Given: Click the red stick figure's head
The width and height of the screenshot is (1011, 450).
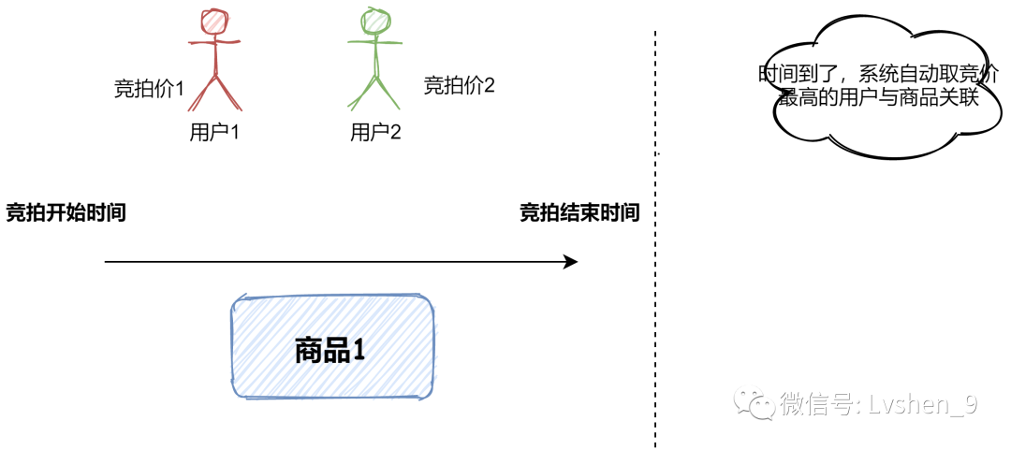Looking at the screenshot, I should point(216,21).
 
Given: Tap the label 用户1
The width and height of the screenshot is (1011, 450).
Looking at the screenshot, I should point(214,132).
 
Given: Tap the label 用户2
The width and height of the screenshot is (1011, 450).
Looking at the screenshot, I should point(375,132).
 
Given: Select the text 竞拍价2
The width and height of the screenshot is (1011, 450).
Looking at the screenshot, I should point(459,86).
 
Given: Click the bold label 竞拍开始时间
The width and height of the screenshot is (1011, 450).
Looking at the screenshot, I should point(66,213).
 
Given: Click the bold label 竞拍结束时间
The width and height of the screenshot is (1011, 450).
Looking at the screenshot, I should point(579,213).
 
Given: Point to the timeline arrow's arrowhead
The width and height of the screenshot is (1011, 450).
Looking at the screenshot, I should point(570,262).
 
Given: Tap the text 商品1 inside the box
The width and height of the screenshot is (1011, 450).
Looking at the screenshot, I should point(329,351).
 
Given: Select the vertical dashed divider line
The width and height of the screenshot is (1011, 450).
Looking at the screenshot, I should point(655,281).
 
